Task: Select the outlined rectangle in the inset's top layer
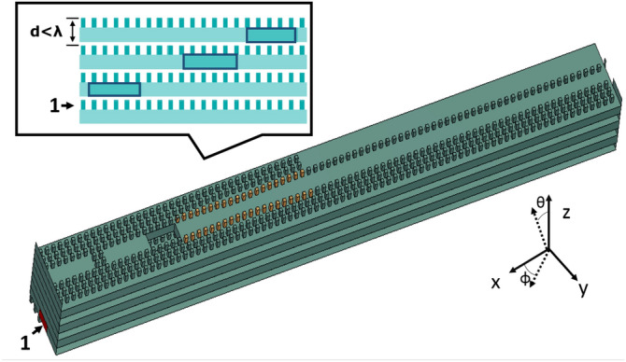click(271, 35)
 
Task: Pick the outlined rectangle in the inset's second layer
click(209, 62)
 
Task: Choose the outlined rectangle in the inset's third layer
click(114, 89)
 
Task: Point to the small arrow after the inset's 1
click(67, 106)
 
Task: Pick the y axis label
click(583, 289)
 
